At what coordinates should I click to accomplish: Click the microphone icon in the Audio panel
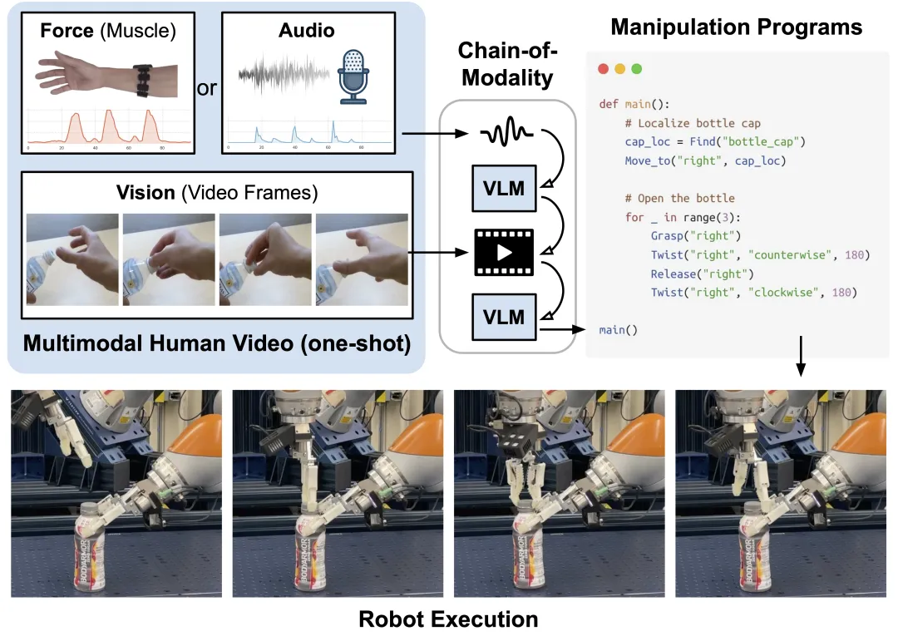353,75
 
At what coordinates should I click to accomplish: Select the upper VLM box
506,189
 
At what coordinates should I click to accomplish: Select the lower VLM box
506,317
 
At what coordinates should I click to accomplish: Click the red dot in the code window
604,68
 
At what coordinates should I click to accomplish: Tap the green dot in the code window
637,68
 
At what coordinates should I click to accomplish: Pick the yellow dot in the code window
620,68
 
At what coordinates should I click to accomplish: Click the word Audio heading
307,30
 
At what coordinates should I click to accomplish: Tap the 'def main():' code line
634,104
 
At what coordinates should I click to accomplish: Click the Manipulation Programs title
736,27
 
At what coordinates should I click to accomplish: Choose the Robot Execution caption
448,619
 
